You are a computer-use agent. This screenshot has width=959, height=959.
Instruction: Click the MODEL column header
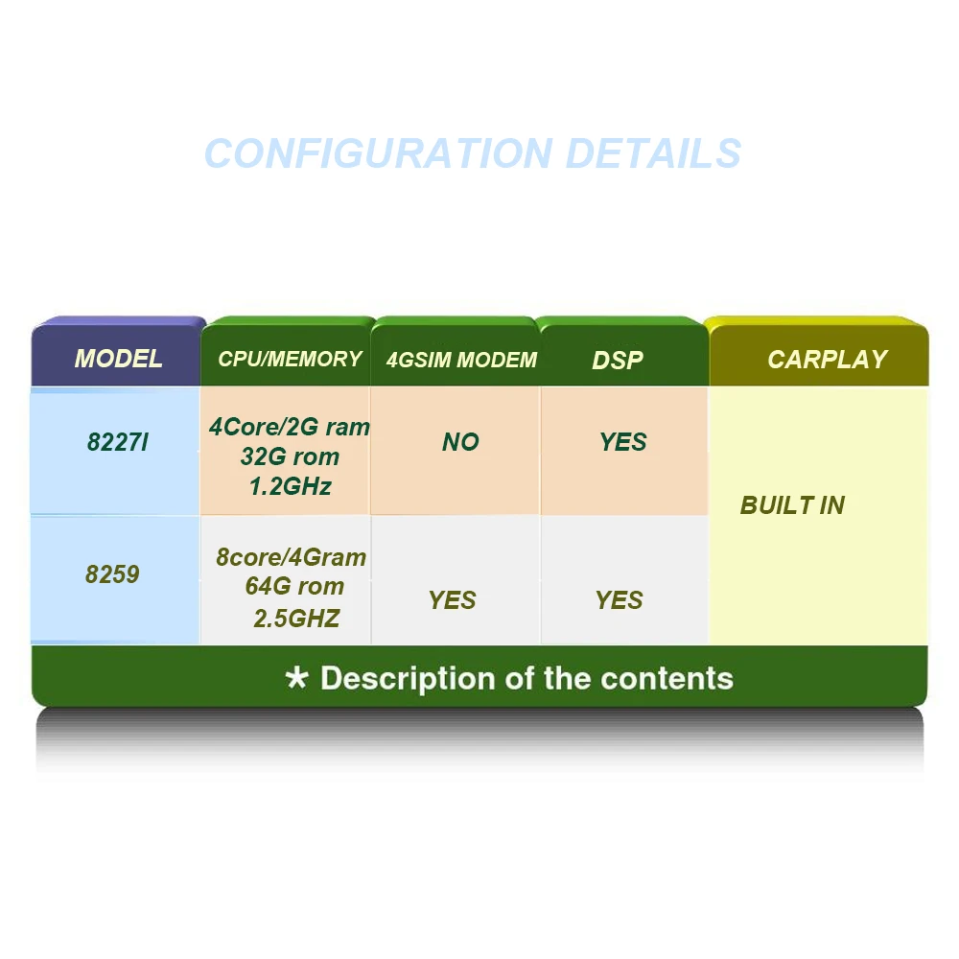[118, 360]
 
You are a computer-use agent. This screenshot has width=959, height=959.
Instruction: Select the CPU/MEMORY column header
[290, 360]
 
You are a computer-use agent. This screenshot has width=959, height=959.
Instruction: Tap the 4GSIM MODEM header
[461, 361]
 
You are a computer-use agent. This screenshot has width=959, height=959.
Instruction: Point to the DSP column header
[618, 361]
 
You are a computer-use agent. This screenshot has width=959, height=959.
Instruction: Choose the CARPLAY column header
[827, 360]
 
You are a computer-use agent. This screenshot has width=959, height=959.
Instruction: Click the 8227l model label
[117, 443]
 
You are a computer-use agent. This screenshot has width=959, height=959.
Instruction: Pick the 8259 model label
[112, 574]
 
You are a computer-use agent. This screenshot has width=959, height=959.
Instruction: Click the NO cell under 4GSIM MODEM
[460, 442]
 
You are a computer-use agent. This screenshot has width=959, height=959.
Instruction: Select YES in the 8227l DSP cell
[623, 442]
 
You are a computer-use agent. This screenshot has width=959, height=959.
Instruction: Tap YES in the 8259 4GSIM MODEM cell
[453, 600]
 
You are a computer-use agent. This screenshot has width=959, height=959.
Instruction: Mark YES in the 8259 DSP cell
[620, 600]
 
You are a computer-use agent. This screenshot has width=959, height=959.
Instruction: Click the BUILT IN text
[792, 505]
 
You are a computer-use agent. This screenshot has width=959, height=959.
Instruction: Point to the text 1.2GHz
[290, 487]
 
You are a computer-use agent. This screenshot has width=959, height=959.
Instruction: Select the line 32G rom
[292, 456]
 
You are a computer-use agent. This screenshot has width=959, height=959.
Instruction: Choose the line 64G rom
[294, 587]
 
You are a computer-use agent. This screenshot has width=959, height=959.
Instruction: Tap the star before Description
[297, 679]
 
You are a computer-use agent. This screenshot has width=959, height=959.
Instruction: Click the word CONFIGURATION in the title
[378, 153]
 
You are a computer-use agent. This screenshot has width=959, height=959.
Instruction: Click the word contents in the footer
[667, 679]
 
